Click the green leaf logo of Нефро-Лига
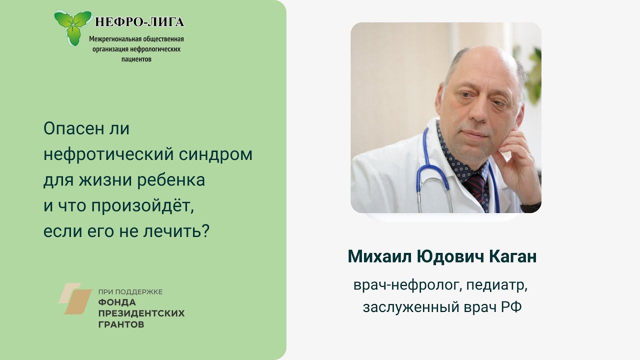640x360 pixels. click(73, 27)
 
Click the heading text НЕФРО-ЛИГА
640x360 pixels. click(139, 22)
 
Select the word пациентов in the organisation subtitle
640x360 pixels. click(136, 58)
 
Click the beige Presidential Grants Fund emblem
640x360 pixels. click(75, 299)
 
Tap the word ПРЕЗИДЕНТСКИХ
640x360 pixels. click(141, 313)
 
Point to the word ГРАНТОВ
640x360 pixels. click(121, 325)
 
